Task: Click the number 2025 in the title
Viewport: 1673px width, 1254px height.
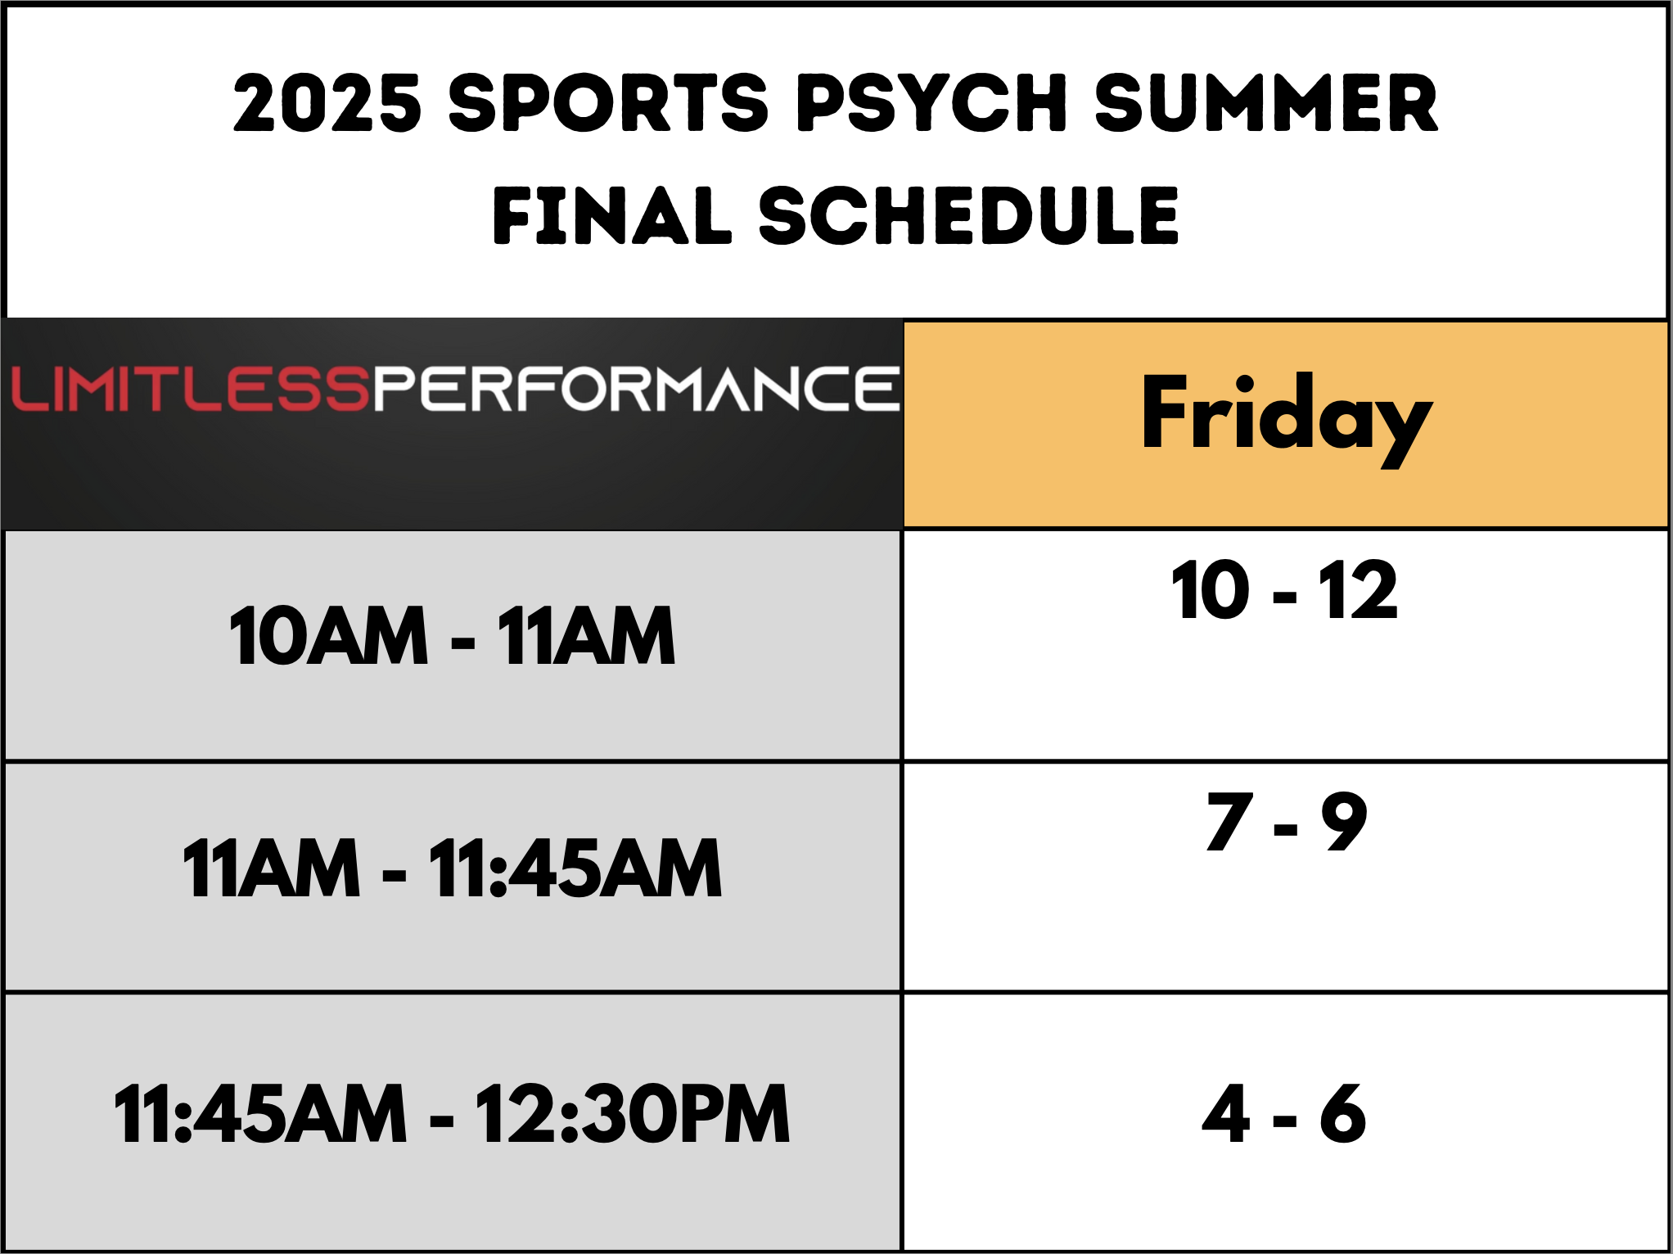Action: [327, 102]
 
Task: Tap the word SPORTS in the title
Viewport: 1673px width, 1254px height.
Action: [608, 102]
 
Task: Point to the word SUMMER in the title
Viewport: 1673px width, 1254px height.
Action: [1266, 102]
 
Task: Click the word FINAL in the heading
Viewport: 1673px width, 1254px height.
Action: [611, 214]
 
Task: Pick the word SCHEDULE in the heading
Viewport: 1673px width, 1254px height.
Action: [968, 214]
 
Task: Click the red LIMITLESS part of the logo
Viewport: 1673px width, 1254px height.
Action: [191, 388]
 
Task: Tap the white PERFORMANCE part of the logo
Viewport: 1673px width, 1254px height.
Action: [637, 388]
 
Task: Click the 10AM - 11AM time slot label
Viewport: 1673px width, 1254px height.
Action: [453, 635]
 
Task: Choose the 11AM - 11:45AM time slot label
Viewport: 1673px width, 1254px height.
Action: [453, 868]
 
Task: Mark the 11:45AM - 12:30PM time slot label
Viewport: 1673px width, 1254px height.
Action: [453, 1112]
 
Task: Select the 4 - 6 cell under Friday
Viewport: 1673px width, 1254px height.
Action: [1285, 1112]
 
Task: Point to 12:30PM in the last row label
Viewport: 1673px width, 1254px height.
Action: [633, 1112]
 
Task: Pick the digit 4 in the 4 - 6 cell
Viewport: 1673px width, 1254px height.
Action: [1226, 1112]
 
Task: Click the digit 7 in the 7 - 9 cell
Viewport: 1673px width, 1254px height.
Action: [1230, 821]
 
